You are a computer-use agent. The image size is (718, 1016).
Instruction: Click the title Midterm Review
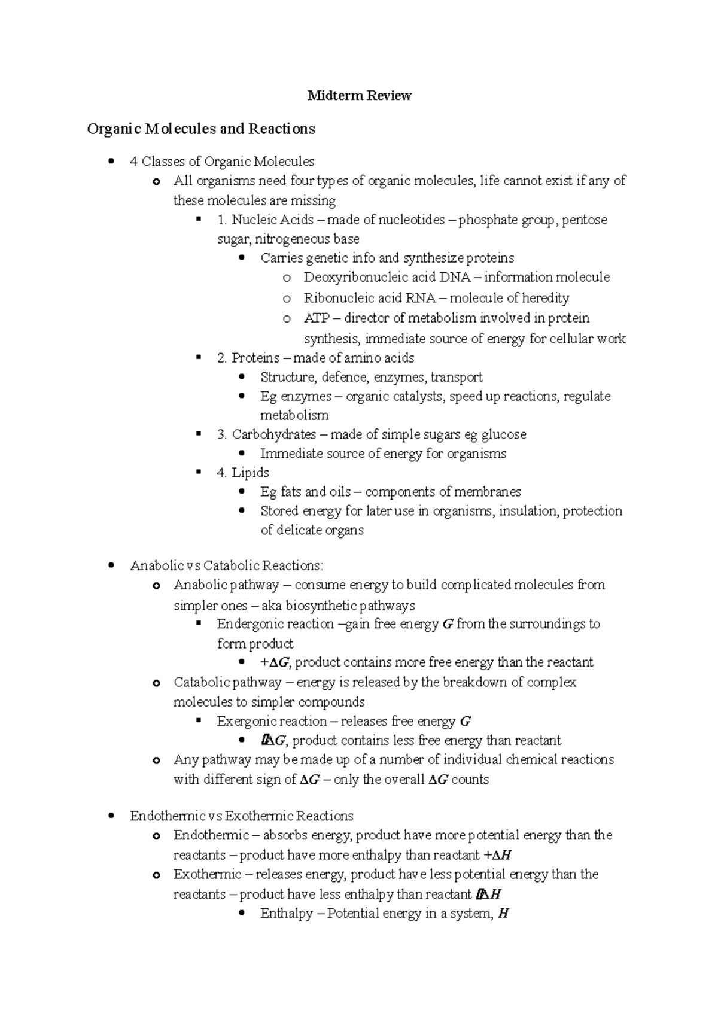[359, 96]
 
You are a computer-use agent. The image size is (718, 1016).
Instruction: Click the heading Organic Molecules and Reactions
[200, 129]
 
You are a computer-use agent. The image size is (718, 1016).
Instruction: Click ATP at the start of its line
[316, 318]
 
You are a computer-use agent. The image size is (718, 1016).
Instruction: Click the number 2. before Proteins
[222, 358]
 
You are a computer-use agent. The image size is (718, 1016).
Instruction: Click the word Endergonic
[250, 625]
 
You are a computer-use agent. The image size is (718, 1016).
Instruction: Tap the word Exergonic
[246, 722]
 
